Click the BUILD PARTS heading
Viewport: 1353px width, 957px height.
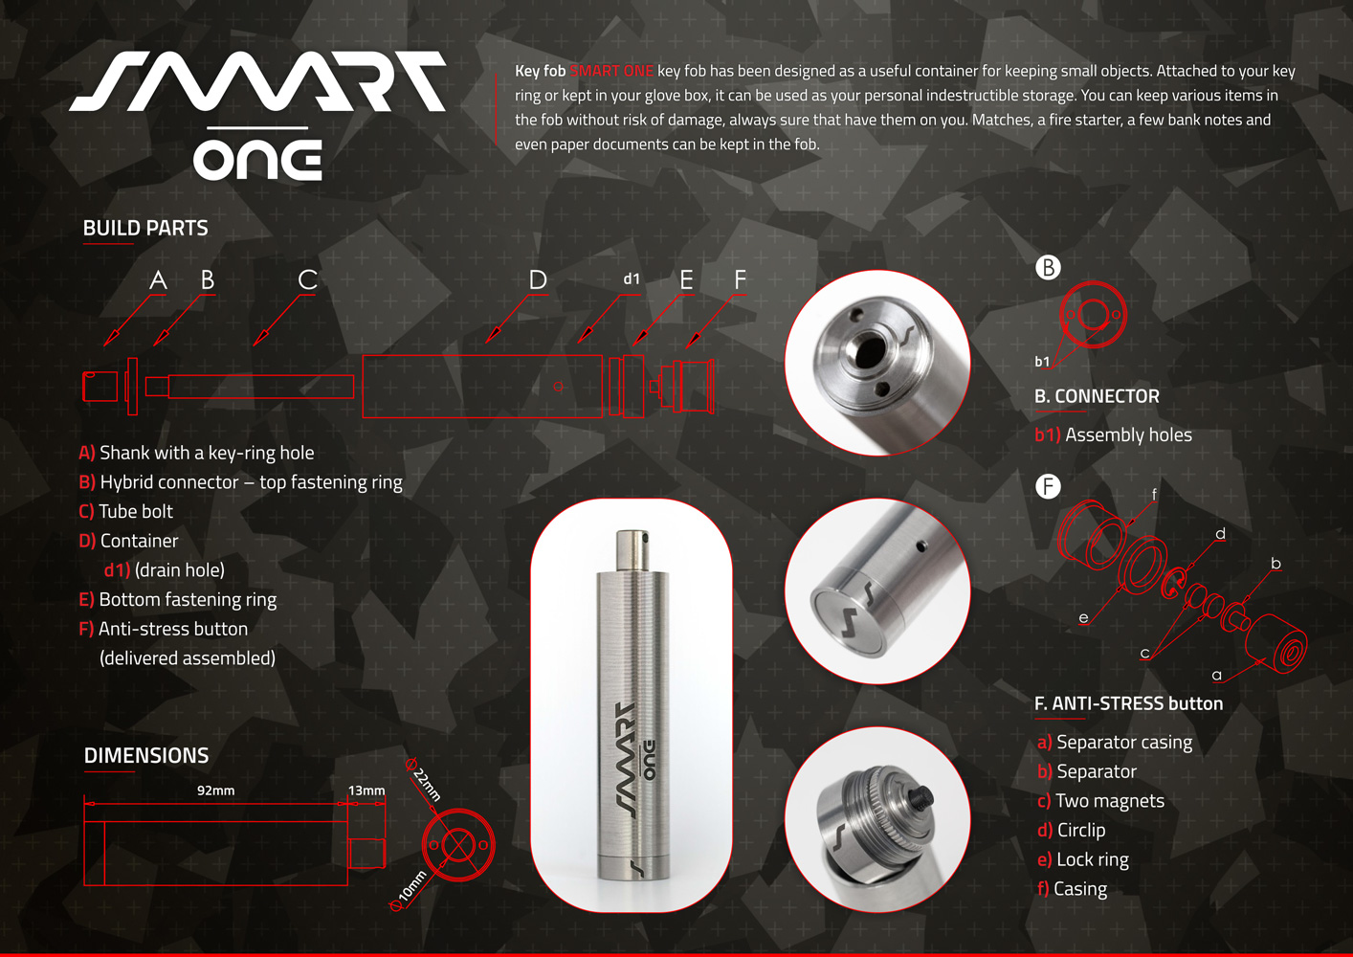pyautogui.click(x=145, y=229)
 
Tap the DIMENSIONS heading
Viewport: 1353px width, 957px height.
pyautogui.click(x=146, y=756)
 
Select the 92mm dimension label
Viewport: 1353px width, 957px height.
pyautogui.click(x=215, y=790)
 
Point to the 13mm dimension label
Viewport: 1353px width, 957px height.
pyautogui.click(x=366, y=790)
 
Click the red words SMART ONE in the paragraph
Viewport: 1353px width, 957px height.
pyautogui.click(x=611, y=71)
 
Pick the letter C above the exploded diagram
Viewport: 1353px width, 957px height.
pyautogui.click(x=307, y=279)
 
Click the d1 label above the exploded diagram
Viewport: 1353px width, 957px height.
pyautogui.click(x=632, y=278)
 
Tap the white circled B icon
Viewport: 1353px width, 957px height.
pyautogui.click(x=1048, y=268)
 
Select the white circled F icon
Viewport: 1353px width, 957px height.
pyautogui.click(x=1048, y=486)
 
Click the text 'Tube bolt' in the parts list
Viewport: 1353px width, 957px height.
pyautogui.click(x=136, y=512)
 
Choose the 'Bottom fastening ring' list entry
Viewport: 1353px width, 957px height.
pyautogui.click(x=188, y=599)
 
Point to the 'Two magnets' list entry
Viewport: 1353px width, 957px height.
pyautogui.click(x=1110, y=800)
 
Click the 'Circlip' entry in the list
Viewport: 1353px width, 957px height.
pyautogui.click(x=1081, y=830)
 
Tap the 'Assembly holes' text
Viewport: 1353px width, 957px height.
pyautogui.click(x=1128, y=435)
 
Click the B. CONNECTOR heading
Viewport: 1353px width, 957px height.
pyautogui.click(x=1097, y=396)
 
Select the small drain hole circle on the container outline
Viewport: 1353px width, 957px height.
pyautogui.click(x=558, y=387)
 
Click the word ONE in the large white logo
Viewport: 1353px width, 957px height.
pyautogui.click(x=258, y=160)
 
